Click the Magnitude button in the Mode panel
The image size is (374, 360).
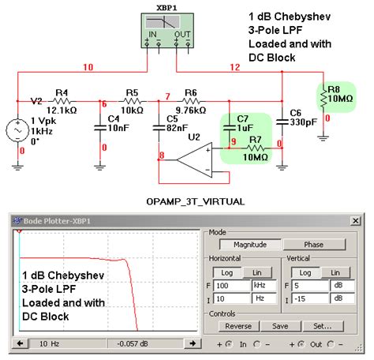tap(243, 246)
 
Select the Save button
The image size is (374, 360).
tap(280, 326)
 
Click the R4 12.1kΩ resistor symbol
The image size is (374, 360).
tap(62, 102)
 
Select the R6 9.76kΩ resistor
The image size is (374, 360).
tap(189, 102)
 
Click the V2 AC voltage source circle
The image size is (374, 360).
tap(18, 129)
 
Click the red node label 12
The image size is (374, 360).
tap(234, 68)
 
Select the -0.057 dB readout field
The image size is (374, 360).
tap(137, 344)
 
